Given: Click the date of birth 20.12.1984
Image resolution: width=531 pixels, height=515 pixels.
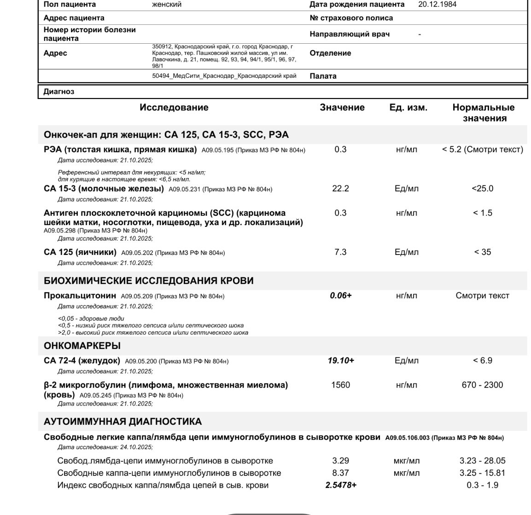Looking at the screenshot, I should pos(437,4).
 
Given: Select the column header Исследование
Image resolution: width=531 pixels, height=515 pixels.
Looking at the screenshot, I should pos(174,107).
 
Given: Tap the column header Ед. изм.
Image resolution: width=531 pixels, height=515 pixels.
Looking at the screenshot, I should pos(408,107).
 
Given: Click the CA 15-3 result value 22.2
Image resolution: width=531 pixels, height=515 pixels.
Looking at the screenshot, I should pos(340,188).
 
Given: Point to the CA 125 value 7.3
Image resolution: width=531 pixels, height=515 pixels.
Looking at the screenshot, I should pos(340,252).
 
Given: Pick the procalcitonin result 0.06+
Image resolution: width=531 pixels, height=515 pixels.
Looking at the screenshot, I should pos(340,295).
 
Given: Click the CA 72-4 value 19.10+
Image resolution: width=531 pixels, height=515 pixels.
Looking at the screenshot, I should pos(341,360).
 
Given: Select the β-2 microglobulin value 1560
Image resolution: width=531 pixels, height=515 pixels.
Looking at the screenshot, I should pos(340,385).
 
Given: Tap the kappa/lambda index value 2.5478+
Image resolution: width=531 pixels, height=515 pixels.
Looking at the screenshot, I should pos(341,485).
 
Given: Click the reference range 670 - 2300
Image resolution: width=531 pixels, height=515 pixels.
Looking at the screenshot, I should pos(482,385).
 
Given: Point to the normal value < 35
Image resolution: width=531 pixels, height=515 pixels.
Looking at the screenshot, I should pos(482,252).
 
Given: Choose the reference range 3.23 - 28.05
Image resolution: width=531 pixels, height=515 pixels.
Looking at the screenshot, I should pos(482,461).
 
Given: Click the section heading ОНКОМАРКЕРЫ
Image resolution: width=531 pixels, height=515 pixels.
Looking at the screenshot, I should pos(82,346).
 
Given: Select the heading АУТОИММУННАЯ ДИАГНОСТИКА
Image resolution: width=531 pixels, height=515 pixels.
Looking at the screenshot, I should pos(123,422).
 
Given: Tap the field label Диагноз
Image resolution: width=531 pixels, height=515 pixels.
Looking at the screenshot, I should pos(58,91).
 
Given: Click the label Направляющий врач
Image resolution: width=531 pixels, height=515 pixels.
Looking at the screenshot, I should pos(350,34).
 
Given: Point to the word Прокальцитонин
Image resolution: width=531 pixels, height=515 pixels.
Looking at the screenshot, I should pos(80,295).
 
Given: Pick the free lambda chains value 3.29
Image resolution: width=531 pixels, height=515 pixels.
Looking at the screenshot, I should pos(340,461).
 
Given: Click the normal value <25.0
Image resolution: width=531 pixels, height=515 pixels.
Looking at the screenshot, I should pos(482,188).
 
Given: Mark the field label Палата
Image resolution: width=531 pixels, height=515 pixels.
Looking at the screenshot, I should pos(323,76).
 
